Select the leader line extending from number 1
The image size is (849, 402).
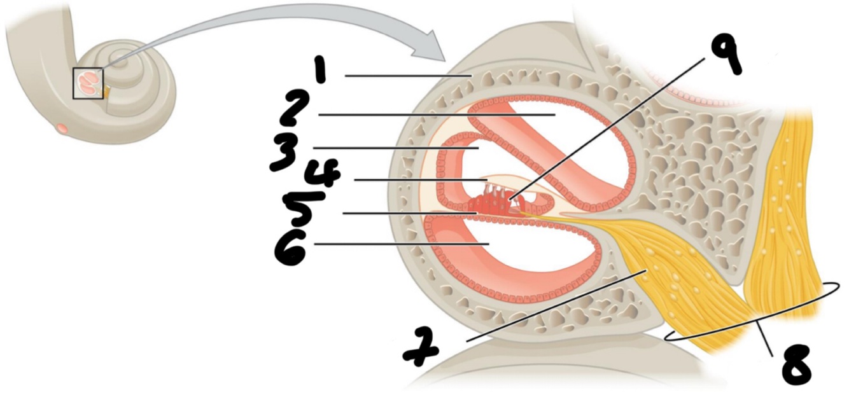407,76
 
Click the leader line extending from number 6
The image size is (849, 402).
401,244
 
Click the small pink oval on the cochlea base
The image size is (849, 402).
62,128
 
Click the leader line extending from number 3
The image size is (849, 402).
395,148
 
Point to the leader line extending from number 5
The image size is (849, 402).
407,213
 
